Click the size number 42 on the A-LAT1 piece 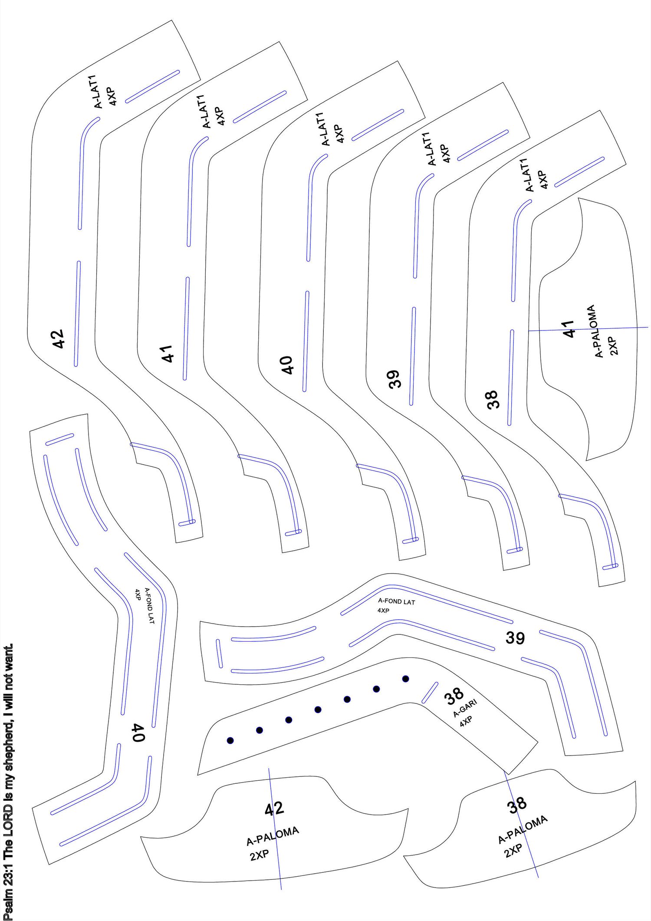pyautogui.click(x=58, y=339)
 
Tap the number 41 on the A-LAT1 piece pyautogui.click(x=168, y=353)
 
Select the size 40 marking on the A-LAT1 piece pyautogui.click(x=287, y=365)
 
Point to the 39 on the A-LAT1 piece pyautogui.click(x=394, y=379)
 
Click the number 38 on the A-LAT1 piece pyautogui.click(x=493, y=399)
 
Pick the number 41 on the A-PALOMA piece pyautogui.click(x=568, y=329)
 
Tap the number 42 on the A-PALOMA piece pyautogui.click(x=274, y=809)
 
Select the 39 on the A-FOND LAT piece pyautogui.click(x=515, y=638)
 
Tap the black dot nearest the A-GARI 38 pyautogui.click(x=406, y=679)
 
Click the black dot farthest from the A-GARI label pyautogui.click(x=230, y=740)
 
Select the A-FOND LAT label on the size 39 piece pyautogui.click(x=396, y=601)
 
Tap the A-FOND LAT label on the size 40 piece pyautogui.click(x=149, y=606)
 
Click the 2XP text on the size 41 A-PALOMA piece pyautogui.click(x=614, y=346)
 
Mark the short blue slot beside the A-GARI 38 pyautogui.click(x=430, y=693)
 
